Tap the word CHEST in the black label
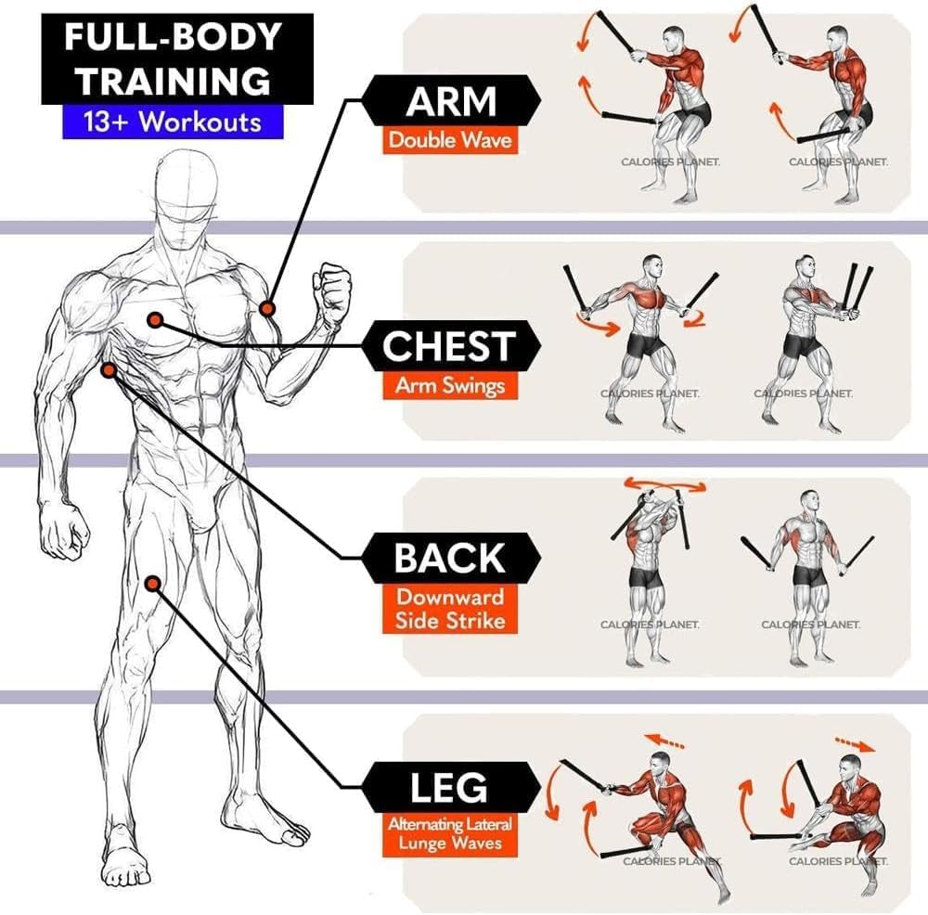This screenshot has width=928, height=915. (450, 346)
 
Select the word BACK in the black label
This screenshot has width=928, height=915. (450, 558)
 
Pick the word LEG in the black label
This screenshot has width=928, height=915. (450, 788)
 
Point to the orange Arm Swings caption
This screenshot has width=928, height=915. (450, 386)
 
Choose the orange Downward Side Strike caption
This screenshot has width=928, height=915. (450, 609)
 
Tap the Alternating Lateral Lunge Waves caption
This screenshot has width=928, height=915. (450, 832)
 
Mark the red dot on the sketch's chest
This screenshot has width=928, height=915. (155, 319)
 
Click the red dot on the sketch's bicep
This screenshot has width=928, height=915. (267, 308)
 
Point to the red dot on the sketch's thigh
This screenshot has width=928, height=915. (153, 583)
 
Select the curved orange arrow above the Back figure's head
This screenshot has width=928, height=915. (664, 484)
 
